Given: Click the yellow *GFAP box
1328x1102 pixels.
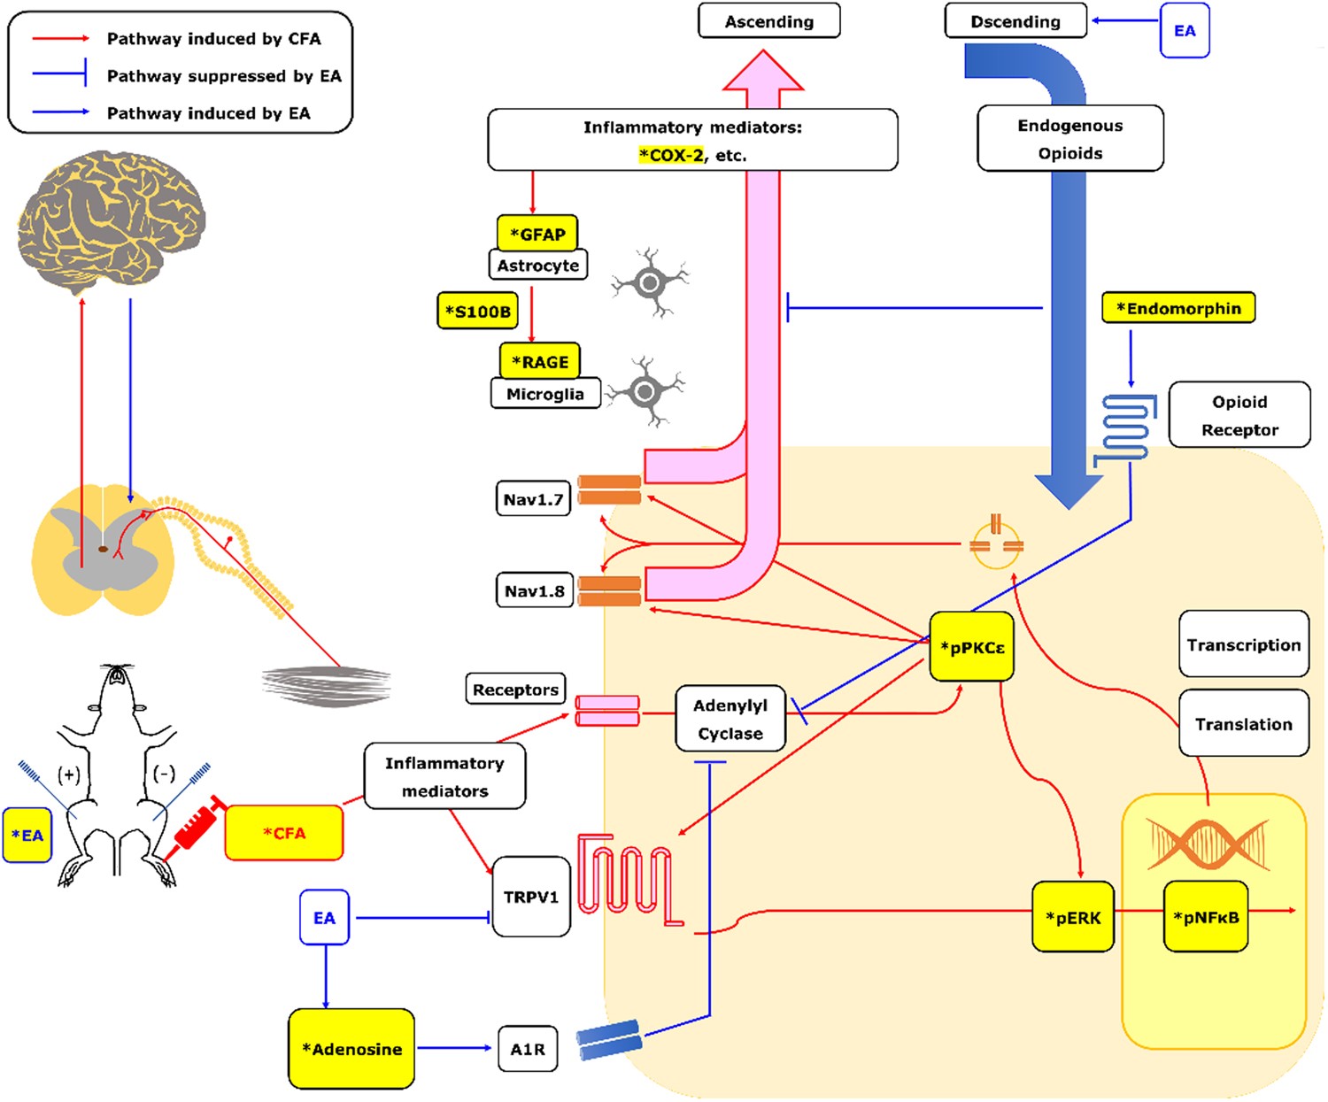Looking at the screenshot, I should (537, 234).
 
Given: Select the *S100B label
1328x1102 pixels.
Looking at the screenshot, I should (477, 312).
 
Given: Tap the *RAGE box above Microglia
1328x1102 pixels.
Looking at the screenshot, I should (539, 361).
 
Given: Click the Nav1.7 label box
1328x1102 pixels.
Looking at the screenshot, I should (533, 499).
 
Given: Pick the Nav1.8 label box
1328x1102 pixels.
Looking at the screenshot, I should (534, 590).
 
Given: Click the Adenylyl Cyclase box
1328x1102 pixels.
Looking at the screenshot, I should (730, 719).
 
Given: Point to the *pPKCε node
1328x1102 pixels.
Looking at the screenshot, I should (971, 647).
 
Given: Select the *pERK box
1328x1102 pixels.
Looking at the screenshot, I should (1073, 917).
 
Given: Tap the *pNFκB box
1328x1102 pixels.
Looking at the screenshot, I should (1205, 917).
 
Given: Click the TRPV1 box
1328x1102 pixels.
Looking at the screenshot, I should (530, 897).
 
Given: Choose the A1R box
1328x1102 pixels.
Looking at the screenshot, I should (528, 1049).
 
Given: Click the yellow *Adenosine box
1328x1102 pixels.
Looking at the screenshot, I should (351, 1049).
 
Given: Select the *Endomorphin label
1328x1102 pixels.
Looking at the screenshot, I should (1177, 308).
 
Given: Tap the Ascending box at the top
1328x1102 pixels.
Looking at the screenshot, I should (768, 21).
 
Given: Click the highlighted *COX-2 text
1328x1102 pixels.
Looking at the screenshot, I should (671, 155).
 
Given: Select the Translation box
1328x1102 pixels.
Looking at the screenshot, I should (1243, 724).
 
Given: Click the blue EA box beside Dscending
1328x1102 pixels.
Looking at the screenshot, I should (1184, 31).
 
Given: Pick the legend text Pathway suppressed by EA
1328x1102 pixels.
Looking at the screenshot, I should (223, 76).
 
